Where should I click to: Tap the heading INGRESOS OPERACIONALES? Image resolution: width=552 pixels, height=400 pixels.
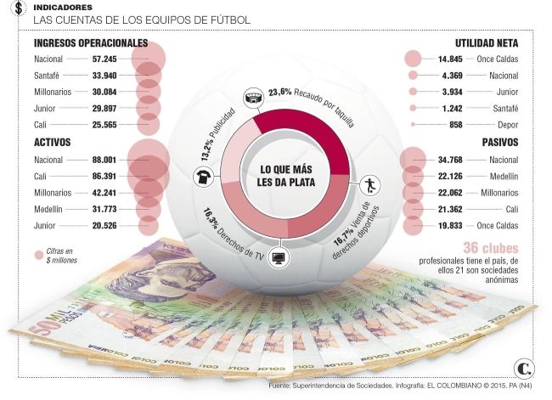(x=91, y=43)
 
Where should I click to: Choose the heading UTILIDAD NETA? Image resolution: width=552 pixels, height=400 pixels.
(x=493, y=43)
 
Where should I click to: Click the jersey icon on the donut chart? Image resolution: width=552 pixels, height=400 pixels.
(x=205, y=177)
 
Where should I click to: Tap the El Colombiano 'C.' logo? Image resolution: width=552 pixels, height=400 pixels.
(x=523, y=368)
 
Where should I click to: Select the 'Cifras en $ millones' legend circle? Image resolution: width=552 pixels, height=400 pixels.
(x=39, y=254)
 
